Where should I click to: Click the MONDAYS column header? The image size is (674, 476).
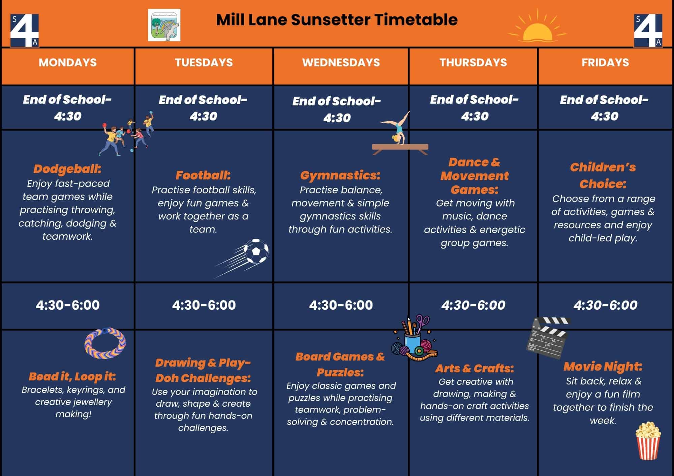pyautogui.click(x=68, y=63)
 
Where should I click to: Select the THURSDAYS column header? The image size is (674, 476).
pyautogui.click(x=473, y=63)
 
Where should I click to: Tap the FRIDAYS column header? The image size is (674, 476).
pyautogui.click(x=605, y=63)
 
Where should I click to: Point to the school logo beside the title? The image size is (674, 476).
pyautogui.click(x=164, y=25)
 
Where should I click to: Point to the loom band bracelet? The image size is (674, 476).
pyautogui.click(x=105, y=343)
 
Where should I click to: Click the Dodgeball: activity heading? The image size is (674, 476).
pyautogui.click(x=67, y=169)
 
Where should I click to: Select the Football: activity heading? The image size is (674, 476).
pyautogui.click(x=203, y=175)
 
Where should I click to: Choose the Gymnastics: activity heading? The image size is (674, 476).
pyautogui.click(x=340, y=175)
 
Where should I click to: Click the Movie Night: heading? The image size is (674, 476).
pyautogui.click(x=603, y=366)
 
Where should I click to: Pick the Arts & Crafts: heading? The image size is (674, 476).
pyautogui.click(x=474, y=368)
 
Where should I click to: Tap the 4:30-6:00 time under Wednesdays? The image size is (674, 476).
pyautogui.click(x=341, y=305)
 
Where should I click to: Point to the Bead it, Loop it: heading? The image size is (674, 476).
pyautogui.click(x=72, y=377)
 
